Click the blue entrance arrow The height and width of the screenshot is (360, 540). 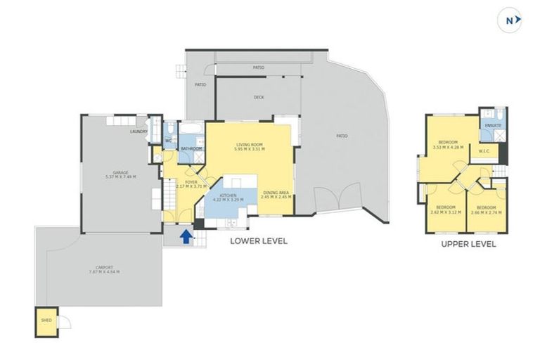click(186, 237)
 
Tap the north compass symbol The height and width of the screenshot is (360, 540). click(511, 21)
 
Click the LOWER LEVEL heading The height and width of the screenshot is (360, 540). click(259, 241)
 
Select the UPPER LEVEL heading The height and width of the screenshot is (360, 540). click(468, 245)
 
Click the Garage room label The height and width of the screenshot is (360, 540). click(120, 174)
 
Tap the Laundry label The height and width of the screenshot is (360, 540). click(138, 131)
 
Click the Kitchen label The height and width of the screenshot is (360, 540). click(229, 196)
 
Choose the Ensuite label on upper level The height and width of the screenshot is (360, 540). click(491, 125)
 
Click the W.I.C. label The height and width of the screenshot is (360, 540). click(484, 151)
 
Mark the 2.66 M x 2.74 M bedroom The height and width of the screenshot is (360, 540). click(486, 209)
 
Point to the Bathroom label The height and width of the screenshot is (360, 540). click(192, 149)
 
